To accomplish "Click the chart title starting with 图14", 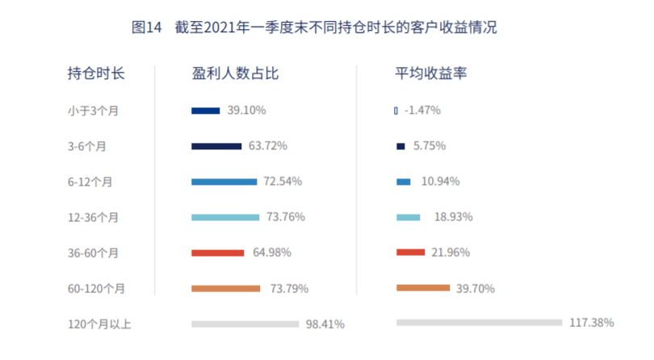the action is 314,27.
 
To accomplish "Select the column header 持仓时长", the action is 96,73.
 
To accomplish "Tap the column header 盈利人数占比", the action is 235,73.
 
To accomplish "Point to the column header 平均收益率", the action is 431,73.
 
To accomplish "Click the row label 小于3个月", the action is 93,111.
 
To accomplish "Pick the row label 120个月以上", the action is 99,324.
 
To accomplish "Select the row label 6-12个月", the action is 90,182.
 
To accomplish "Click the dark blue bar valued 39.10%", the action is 206,111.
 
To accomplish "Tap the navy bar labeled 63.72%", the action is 216,146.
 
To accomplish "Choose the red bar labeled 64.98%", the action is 218,253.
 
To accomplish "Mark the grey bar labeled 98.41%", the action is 245,324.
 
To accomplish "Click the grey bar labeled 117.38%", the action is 480,322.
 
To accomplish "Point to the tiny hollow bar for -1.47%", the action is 396,111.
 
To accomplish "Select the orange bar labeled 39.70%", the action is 423,288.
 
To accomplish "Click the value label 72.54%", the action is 283,182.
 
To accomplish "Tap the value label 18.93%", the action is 454,217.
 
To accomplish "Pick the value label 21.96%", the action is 451,253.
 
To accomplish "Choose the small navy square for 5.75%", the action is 400,146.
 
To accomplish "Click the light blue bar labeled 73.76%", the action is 225,217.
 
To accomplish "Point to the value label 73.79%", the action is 290,289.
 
